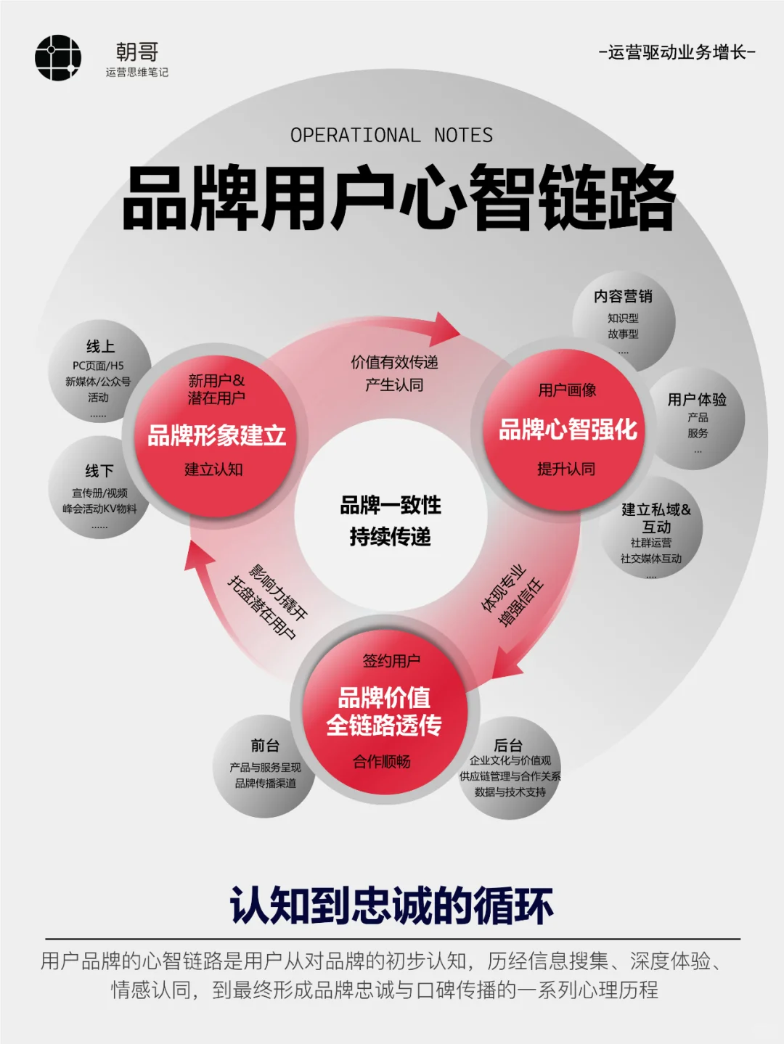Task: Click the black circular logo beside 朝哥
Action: click(x=58, y=57)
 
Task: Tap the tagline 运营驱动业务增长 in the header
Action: click(x=677, y=52)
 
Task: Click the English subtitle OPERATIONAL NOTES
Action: click(x=391, y=136)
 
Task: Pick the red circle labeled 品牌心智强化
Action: click(x=567, y=429)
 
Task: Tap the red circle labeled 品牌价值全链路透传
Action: click(x=384, y=712)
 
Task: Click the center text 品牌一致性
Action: click(x=391, y=505)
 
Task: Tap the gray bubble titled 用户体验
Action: click(x=698, y=421)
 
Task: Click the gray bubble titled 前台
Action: click(x=264, y=765)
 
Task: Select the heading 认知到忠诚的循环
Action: click(x=391, y=905)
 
